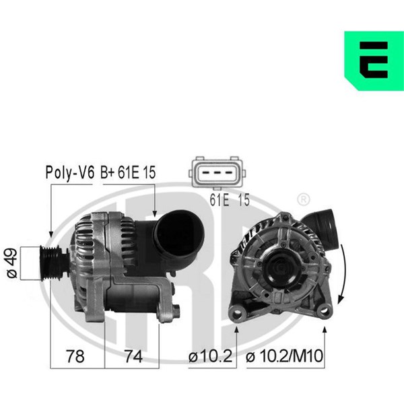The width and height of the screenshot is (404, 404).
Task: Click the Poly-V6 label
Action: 69,173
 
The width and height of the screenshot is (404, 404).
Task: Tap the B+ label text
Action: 107,173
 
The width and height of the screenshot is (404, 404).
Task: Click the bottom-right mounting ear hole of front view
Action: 326,310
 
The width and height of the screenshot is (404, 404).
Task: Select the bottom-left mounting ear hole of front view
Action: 236,311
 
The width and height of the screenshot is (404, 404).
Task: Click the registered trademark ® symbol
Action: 303,199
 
